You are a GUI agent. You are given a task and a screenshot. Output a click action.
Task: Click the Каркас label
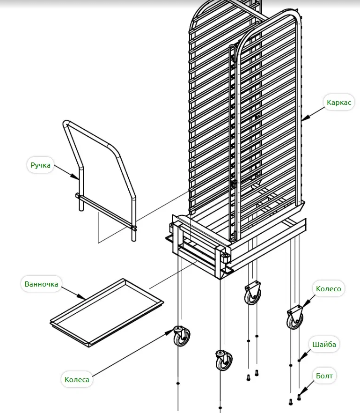point(339,103)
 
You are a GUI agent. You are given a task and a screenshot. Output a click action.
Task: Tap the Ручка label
point(40,165)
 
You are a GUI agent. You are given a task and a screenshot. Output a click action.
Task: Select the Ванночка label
point(41,284)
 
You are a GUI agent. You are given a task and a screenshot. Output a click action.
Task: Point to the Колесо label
point(328,289)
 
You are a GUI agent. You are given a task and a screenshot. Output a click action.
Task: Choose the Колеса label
point(77,379)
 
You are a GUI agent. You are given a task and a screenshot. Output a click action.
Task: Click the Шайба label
point(324,345)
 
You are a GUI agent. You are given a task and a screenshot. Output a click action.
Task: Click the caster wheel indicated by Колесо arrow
point(295,318)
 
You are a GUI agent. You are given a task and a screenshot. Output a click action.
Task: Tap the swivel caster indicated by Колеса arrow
point(182,336)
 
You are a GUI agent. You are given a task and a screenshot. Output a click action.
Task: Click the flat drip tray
point(107,313)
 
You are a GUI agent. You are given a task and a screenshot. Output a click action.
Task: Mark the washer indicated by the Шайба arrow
point(299,361)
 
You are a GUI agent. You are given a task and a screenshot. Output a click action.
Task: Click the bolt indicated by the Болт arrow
point(299,398)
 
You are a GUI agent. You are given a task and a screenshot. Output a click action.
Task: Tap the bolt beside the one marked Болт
point(290,401)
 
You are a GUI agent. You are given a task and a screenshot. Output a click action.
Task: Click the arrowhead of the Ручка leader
point(78,178)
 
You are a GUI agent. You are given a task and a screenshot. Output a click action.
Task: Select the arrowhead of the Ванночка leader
point(84,298)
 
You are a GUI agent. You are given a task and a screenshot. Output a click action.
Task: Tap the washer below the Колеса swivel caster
point(178,383)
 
